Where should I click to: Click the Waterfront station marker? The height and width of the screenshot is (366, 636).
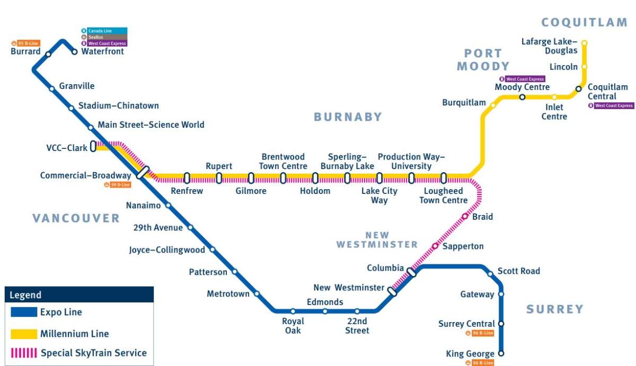(x=75, y=52)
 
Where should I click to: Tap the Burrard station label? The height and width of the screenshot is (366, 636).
(x=25, y=52)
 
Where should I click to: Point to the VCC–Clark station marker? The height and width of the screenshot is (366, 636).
(x=93, y=146)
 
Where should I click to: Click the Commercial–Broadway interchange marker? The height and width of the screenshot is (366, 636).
(x=142, y=173)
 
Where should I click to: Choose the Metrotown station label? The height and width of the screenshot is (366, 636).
(x=228, y=294)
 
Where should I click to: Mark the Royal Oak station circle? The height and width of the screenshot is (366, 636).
(x=293, y=311)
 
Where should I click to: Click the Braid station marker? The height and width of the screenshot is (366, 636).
(x=465, y=216)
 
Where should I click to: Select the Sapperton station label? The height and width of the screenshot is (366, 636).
(x=463, y=246)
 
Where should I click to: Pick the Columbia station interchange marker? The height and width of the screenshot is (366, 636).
(x=411, y=272)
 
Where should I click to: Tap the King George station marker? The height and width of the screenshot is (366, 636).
(x=501, y=353)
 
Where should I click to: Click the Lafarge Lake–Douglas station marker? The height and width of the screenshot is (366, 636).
(x=584, y=43)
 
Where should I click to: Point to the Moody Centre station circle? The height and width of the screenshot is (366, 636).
(x=522, y=97)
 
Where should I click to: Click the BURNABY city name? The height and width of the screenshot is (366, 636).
(x=348, y=117)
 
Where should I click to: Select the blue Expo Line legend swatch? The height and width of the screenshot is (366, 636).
(x=24, y=312)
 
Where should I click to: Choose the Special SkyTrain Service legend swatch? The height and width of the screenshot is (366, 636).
(x=24, y=353)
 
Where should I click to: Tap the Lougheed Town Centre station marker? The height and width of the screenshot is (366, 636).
(x=443, y=178)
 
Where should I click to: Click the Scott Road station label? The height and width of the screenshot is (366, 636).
(x=519, y=271)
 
